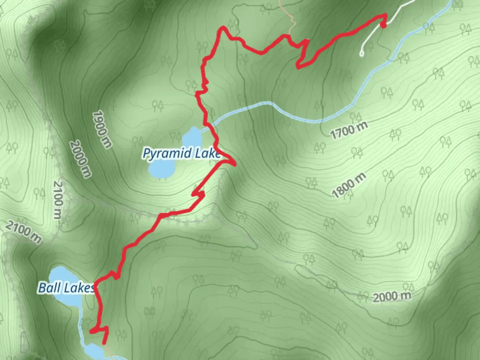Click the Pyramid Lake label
coord(182,153)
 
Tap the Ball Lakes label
coord(66,288)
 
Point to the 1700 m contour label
coord(349,130)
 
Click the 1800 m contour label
coord(349,185)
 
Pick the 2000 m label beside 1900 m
coord(80,159)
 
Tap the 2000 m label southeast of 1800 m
coord(392,296)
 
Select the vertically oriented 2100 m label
coord(58,200)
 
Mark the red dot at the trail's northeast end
coord(383,25)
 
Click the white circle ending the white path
coord(362,53)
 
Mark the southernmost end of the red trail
coord(104,343)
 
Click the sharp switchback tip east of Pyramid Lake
coord(235,164)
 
